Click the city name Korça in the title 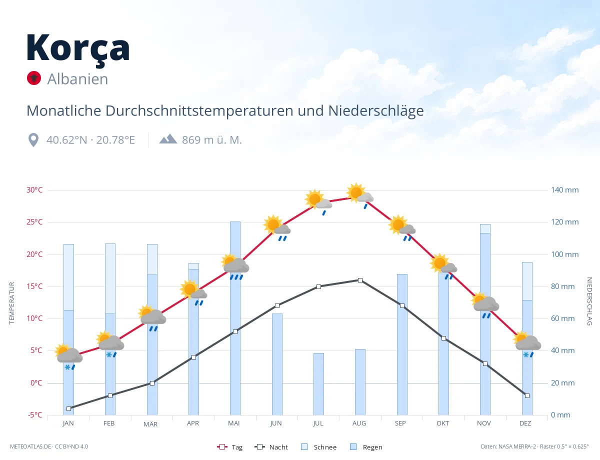[78, 49]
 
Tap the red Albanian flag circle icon [34, 78]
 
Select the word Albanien [77, 79]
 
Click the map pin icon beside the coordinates [33, 140]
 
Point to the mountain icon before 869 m [168, 139]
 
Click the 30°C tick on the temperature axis [34, 190]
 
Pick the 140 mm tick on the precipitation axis [564, 190]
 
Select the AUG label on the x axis [359, 423]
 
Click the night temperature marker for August [360, 280]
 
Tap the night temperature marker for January [69, 408]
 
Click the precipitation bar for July [318, 384]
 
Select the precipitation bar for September [402, 344]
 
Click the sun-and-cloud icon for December [527, 344]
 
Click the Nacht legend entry [271, 447]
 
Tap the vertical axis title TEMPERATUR [11, 303]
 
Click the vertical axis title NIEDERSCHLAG [589, 301]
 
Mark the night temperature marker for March [152, 383]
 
